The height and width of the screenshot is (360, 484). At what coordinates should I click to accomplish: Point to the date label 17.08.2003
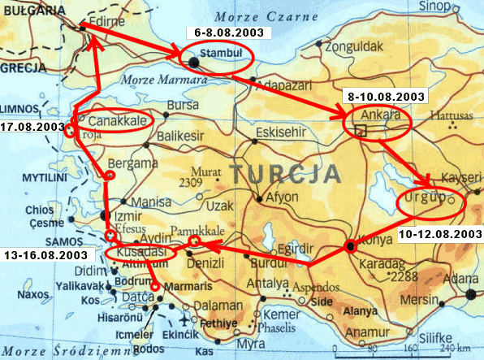click(32, 128)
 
